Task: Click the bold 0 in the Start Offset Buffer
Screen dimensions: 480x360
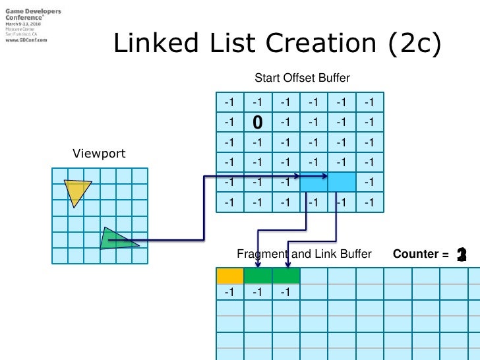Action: point(258,122)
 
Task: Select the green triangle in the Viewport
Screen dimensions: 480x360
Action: point(115,239)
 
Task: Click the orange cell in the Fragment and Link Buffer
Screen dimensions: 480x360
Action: point(229,276)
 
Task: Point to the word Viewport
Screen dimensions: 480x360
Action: point(99,154)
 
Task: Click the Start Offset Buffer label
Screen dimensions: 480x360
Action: point(302,78)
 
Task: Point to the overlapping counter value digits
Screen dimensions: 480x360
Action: point(462,255)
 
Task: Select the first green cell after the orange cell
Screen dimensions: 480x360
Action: point(258,276)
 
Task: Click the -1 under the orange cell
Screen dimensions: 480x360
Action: point(229,292)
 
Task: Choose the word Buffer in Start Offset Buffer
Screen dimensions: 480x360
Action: point(334,78)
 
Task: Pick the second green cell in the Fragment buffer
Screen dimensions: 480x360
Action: point(285,276)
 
